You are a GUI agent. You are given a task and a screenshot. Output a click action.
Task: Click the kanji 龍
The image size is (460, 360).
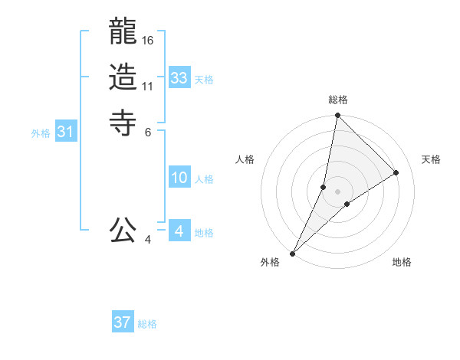pos(123,33)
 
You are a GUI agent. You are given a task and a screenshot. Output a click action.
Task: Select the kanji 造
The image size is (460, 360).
pos(123,77)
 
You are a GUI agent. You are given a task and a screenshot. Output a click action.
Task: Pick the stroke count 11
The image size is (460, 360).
pos(148,86)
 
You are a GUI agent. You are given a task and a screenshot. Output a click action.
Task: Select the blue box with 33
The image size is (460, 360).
pos(179,78)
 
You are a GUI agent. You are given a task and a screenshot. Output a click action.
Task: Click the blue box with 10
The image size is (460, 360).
pos(179,178)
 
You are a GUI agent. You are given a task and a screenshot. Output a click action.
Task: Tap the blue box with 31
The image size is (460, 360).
pos(66,132)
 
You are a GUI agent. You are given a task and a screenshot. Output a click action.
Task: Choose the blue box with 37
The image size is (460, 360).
pos(123,322)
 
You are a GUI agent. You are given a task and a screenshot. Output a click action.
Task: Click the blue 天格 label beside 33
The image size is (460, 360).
pos(204,80)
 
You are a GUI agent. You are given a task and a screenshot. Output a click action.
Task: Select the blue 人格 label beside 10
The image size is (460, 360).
pos(204,179)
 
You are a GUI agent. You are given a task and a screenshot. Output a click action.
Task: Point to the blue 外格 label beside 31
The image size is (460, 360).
pos(41,133)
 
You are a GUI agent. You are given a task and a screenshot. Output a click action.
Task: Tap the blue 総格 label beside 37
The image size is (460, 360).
pos(147,324)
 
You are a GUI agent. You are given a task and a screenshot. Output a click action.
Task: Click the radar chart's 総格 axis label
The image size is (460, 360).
pos(337,100)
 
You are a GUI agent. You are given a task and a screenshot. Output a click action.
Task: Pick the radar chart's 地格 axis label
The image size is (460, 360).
pos(402,263)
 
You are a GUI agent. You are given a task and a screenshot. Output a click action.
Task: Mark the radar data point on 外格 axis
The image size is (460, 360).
pos(293,253)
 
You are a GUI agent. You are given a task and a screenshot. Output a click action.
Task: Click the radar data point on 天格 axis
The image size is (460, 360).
pos(396,172)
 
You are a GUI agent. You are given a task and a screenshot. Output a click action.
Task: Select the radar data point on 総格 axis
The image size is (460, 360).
pos(337,116)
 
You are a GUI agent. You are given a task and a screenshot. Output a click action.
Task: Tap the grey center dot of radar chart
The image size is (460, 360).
pos(337,191)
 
